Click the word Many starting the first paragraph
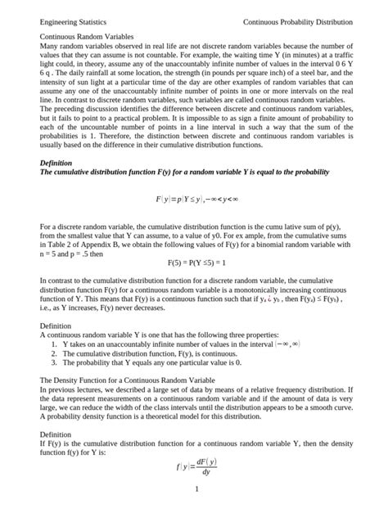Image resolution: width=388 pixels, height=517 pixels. click(x=50, y=49)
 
